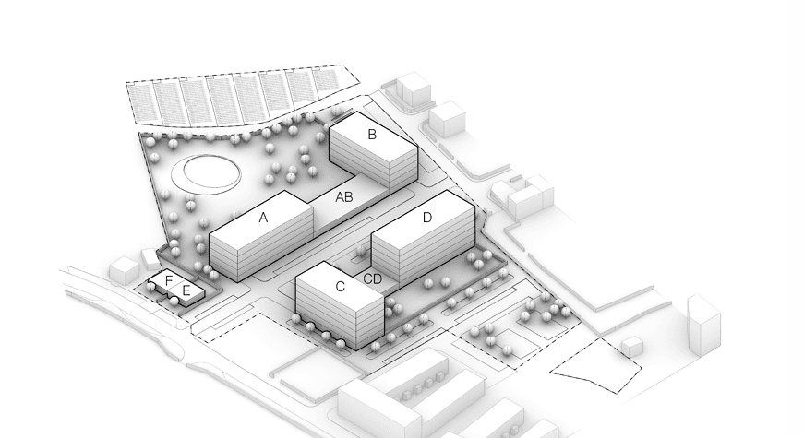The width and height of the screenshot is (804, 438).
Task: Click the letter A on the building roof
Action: pyautogui.click(x=263, y=218)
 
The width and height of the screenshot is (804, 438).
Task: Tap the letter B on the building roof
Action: pyautogui.click(x=372, y=135)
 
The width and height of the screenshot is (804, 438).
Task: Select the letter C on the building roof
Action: pyautogui.click(x=340, y=287)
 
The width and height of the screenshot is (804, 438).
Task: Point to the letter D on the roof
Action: pyautogui.click(x=427, y=218)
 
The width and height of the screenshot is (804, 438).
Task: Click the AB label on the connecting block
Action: pyautogui.click(x=344, y=196)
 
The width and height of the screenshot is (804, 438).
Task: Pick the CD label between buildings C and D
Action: pyautogui.click(x=373, y=279)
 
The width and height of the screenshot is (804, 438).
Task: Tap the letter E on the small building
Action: pyautogui.click(x=186, y=291)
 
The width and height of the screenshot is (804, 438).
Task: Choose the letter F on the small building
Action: pyautogui.click(x=169, y=280)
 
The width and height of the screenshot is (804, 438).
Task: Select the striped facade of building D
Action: pyautogui.click(x=423, y=246)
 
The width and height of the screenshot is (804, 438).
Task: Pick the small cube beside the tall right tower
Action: pyautogui.click(x=632, y=347)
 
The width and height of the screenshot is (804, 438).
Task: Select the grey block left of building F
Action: pyautogui.click(x=124, y=270)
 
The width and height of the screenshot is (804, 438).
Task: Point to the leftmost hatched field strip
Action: pyautogui.click(x=141, y=103)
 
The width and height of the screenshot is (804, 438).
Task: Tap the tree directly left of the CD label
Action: pyautogui.click(x=362, y=251)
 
